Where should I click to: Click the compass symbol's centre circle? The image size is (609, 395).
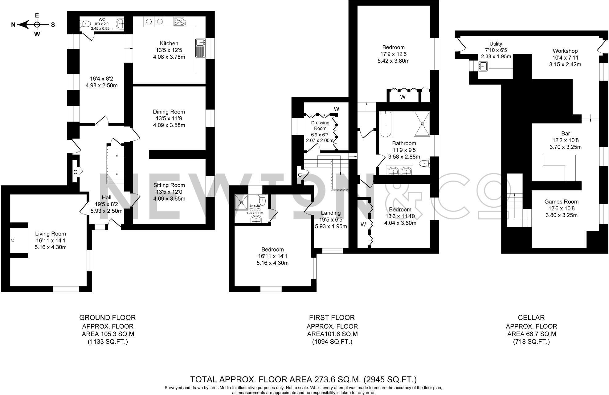(x=37, y=24)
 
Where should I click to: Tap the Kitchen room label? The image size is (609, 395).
(x=169, y=44)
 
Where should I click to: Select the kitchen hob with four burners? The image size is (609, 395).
(x=179, y=21)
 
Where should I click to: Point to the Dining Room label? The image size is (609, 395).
(x=169, y=112)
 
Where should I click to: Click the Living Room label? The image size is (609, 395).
(x=51, y=234)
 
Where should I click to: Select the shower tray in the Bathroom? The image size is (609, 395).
(x=422, y=123)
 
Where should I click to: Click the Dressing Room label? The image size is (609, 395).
(x=320, y=125)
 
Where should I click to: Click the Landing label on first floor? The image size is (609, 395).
(x=331, y=213)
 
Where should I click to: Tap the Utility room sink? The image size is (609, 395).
(x=483, y=66)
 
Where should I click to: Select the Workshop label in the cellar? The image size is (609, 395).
(x=565, y=51)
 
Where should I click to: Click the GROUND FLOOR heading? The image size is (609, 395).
(x=107, y=318)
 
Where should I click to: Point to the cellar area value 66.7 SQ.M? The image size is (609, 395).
(x=532, y=334)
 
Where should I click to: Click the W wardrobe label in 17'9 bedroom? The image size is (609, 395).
(x=403, y=97)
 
